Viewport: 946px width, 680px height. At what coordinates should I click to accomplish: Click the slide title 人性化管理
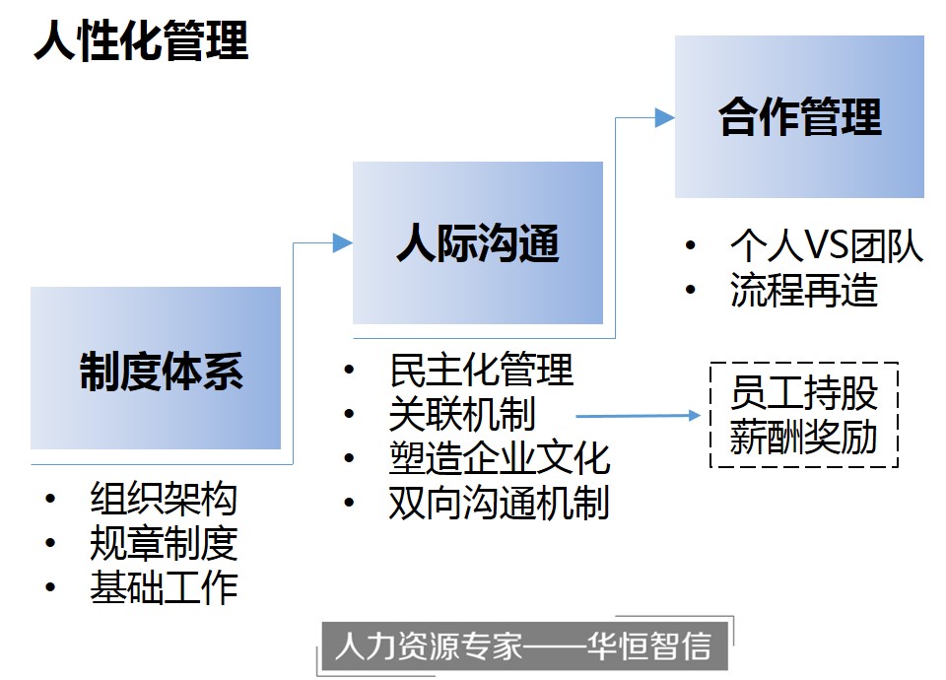(x=141, y=40)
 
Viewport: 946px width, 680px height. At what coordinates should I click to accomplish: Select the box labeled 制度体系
(x=156, y=368)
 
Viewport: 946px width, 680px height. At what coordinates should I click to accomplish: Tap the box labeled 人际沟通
(x=478, y=242)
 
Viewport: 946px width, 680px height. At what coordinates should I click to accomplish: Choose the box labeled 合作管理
(x=799, y=116)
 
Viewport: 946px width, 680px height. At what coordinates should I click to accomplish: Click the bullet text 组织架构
(x=164, y=499)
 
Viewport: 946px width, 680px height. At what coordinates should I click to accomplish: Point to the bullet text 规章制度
(x=164, y=543)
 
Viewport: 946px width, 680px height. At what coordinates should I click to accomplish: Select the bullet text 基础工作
(x=164, y=587)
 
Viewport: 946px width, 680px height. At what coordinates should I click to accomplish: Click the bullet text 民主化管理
(x=481, y=370)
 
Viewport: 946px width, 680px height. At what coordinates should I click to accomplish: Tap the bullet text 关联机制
(x=462, y=414)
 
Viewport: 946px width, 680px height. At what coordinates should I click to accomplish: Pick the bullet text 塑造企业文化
(x=500, y=458)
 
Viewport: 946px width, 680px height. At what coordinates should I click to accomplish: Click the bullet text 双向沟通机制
(x=500, y=504)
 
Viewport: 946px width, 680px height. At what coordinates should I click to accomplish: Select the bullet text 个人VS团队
(x=827, y=245)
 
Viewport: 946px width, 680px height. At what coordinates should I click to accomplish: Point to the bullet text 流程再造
(x=804, y=290)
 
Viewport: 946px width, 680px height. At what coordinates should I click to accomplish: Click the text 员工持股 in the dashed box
(x=804, y=393)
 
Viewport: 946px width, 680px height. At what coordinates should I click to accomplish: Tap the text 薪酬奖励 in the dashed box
(x=804, y=438)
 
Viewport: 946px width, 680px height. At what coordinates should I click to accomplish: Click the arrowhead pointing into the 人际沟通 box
(x=343, y=243)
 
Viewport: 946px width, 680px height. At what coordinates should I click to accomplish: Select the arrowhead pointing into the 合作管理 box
(x=665, y=117)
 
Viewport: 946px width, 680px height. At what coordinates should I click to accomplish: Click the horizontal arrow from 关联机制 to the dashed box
(x=639, y=415)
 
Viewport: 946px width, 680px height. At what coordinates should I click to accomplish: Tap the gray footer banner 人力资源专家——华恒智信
(x=524, y=646)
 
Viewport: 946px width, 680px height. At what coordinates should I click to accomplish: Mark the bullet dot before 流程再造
(x=691, y=290)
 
